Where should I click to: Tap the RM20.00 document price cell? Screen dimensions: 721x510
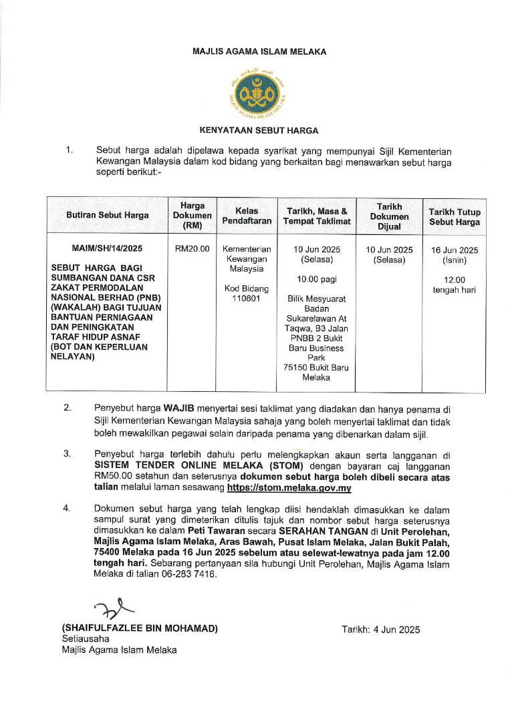pos(193,249)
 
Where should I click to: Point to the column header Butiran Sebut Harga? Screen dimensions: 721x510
pos(108,216)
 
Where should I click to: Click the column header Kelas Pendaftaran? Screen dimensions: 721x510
pos(247,216)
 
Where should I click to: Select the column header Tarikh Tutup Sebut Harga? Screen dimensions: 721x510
pos(454,216)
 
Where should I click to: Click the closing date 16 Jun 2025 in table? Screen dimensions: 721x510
pos(454,250)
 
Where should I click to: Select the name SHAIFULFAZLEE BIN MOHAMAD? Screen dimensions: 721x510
pos(140,629)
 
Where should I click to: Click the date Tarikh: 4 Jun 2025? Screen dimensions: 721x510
pos(381,629)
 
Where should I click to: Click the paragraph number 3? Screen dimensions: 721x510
pos(67,453)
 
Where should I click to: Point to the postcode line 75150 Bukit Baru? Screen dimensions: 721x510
pos(316,368)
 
